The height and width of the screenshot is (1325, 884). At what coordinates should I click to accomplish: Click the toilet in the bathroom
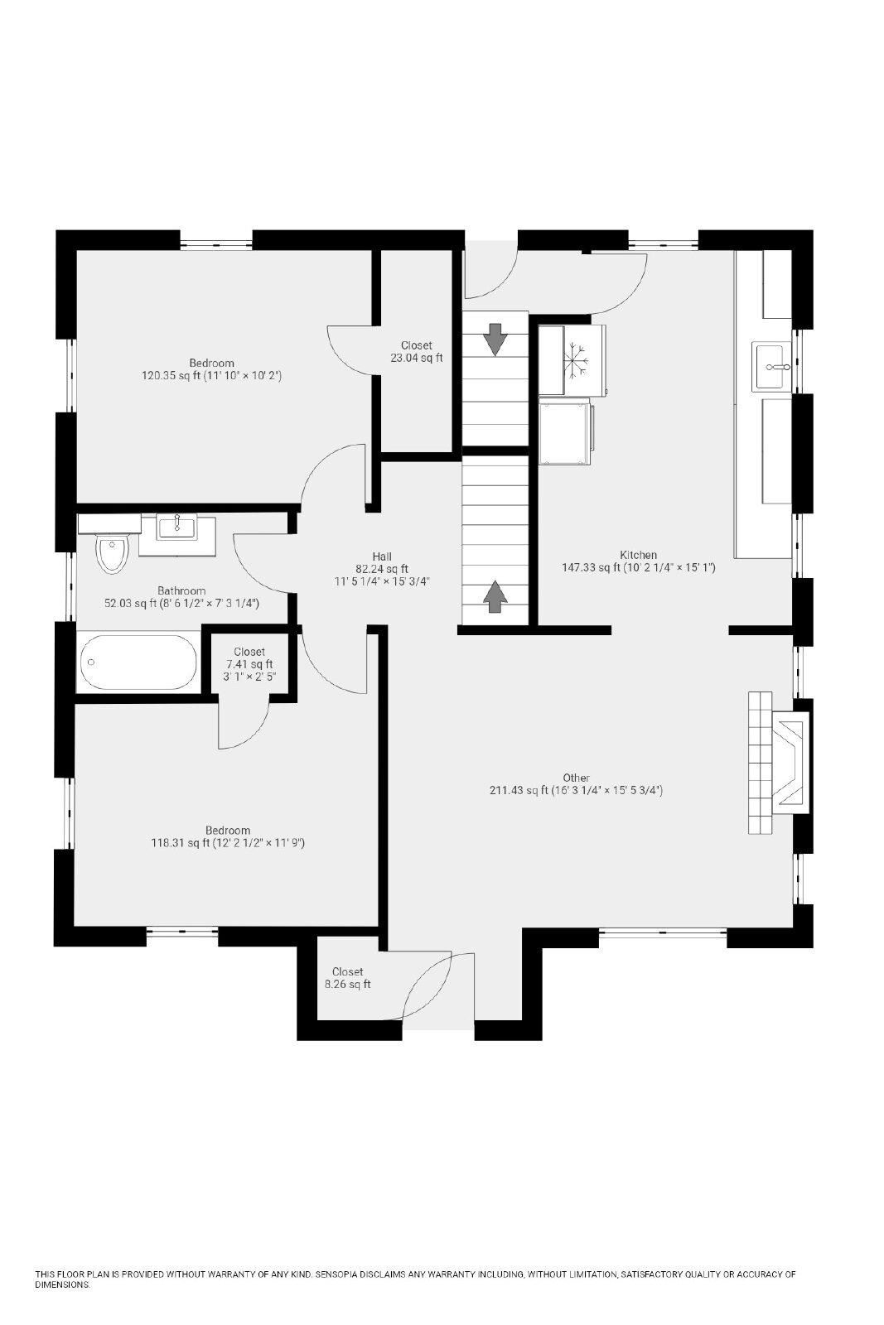112,553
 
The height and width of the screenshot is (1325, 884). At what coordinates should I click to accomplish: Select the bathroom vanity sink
177,527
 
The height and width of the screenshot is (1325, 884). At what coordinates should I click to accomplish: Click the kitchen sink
771,366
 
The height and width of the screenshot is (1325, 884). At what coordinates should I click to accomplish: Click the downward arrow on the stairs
495,339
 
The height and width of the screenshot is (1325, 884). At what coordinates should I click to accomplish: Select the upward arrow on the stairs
495,596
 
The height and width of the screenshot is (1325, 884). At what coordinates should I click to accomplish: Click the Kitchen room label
639,555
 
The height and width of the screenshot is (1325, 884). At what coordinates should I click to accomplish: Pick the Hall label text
382,556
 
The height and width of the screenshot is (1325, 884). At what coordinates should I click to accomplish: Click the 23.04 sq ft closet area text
417,358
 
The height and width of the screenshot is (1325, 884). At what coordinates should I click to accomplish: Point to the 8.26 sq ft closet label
347,985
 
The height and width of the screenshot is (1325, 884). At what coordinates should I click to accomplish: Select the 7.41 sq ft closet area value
249,664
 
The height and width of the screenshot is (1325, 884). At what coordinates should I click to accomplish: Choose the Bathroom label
181,590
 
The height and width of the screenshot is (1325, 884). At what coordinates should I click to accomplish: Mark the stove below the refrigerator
566,431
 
